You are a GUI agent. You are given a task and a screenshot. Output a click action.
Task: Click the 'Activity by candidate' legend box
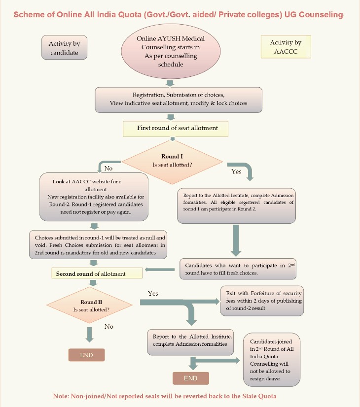tap(64, 48)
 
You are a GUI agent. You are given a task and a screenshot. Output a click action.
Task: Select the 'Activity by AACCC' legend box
tap(286, 47)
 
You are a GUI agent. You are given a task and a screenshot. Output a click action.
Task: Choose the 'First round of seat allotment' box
tap(177, 128)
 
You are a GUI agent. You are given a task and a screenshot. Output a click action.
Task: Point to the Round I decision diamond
tap(172, 161)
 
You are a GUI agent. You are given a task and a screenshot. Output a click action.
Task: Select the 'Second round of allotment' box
tap(97, 273)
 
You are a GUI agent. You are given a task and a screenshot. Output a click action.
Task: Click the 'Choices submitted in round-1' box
tap(98, 244)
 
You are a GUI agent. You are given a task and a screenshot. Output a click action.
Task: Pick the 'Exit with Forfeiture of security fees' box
tap(261, 300)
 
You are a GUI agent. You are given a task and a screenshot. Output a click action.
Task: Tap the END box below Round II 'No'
tap(86, 355)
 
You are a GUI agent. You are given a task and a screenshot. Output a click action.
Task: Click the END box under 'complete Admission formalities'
tap(190, 378)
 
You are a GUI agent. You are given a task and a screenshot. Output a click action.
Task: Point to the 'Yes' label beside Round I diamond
tap(236, 171)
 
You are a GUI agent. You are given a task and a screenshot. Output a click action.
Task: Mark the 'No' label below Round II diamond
tap(109, 326)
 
